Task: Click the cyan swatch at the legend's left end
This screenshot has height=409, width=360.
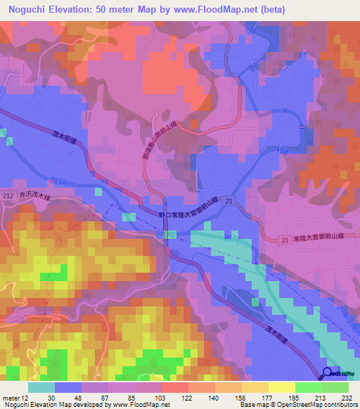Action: point(41,387)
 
